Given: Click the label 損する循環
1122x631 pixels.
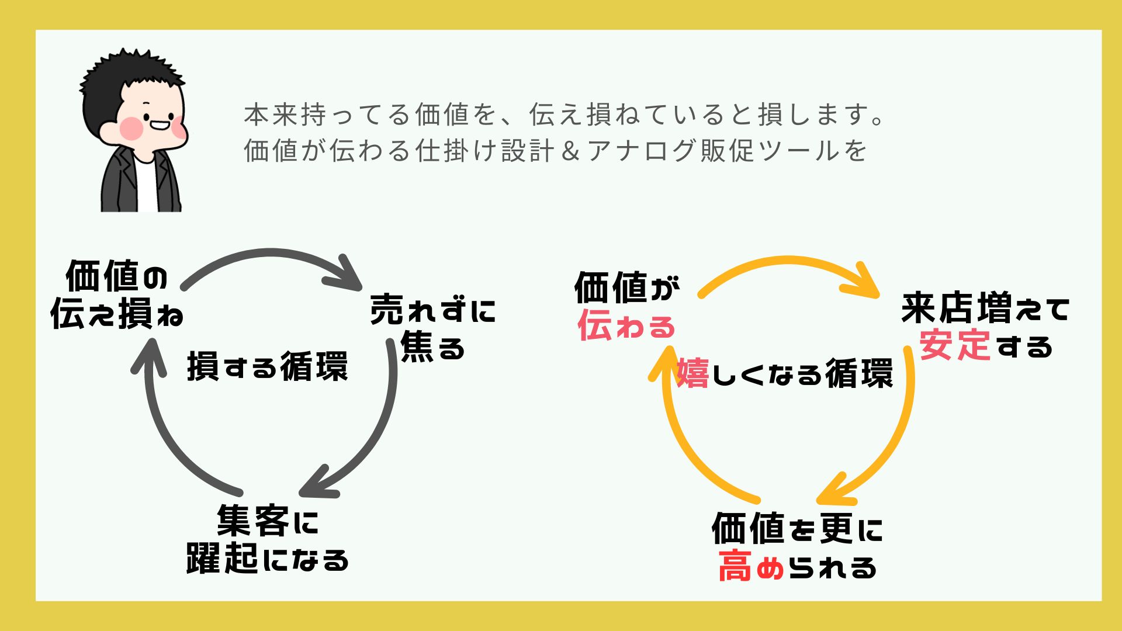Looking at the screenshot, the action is point(268,367).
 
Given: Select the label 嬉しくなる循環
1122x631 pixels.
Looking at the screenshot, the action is point(785,373).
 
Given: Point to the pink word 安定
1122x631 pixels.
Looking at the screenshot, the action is point(955,345).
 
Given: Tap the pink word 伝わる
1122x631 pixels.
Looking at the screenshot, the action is point(626,325).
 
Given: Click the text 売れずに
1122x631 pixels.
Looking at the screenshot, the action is point(433,309).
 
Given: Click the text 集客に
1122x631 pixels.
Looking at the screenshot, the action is point(268,520).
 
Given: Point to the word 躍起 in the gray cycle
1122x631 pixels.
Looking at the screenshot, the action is point(222,558).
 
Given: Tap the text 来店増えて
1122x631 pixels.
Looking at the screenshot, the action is point(985,308).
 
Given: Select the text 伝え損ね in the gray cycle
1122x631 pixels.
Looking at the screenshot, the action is point(117,313).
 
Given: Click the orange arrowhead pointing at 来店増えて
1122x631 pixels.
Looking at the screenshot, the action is point(862,282).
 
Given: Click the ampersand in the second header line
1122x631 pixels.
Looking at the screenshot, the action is point(571,151).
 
